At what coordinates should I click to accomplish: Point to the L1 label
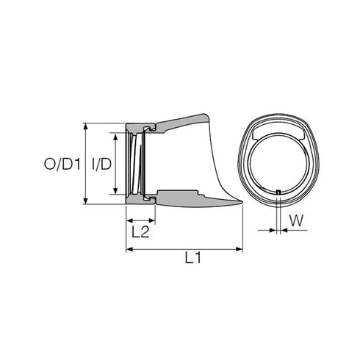[193, 258]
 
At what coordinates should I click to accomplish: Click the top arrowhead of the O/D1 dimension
[87, 126]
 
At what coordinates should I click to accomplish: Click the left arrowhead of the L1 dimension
[129, 250]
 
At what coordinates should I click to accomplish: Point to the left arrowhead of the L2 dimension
[129, 220]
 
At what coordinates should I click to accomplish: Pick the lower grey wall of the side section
[184, 199]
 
